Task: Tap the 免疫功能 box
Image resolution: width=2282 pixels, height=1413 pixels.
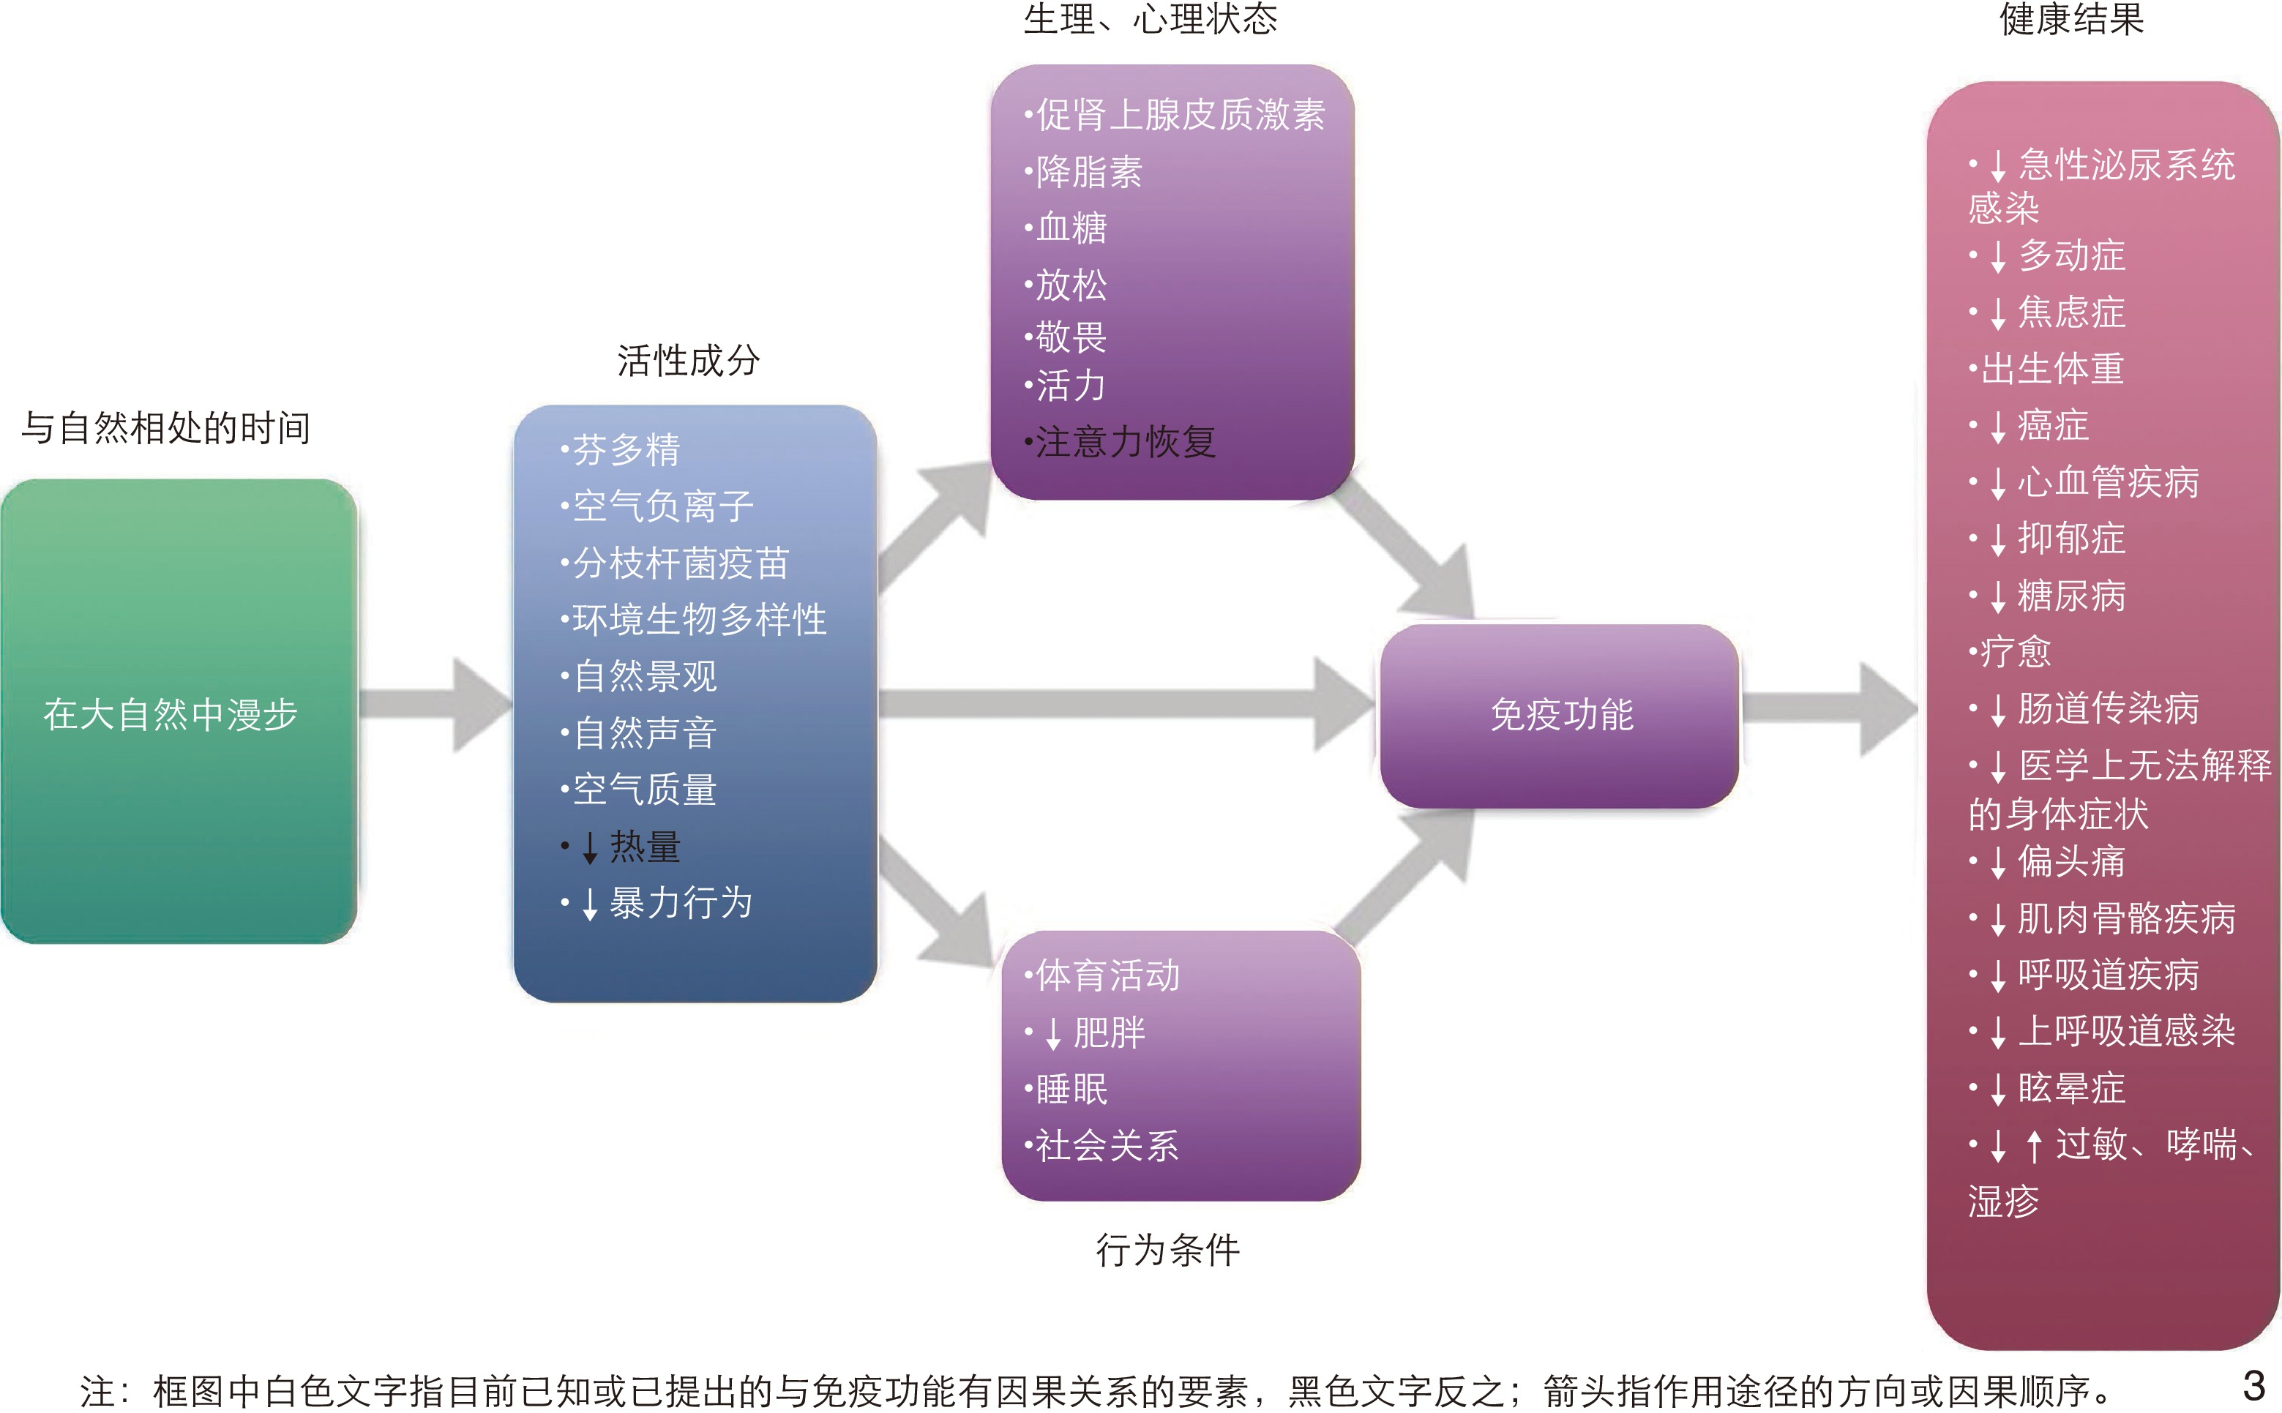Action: coord(1560,715)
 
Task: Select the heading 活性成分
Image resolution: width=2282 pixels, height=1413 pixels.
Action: coord(688,361)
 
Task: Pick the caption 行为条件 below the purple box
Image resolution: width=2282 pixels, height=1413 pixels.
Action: coord(1167,1250)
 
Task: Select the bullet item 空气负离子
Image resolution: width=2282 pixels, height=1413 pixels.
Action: coord(662,506)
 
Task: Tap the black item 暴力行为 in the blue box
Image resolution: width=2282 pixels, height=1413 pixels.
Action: coord(681,904)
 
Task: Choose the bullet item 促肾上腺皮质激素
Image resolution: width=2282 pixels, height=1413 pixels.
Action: coord(1179,115)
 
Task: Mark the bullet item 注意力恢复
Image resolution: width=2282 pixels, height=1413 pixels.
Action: coord(1125,442)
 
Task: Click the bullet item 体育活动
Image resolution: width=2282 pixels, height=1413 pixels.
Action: coord(1107,975)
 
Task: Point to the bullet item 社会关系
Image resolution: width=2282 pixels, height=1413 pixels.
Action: coord(1107,1146)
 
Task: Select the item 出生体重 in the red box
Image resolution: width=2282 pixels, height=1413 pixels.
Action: coord(2052,369)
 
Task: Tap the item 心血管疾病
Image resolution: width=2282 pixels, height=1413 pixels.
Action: coord(2107,482)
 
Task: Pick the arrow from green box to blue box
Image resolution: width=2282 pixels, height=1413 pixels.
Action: coord(435,705)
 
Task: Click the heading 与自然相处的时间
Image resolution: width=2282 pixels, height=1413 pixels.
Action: coord(165,428)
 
